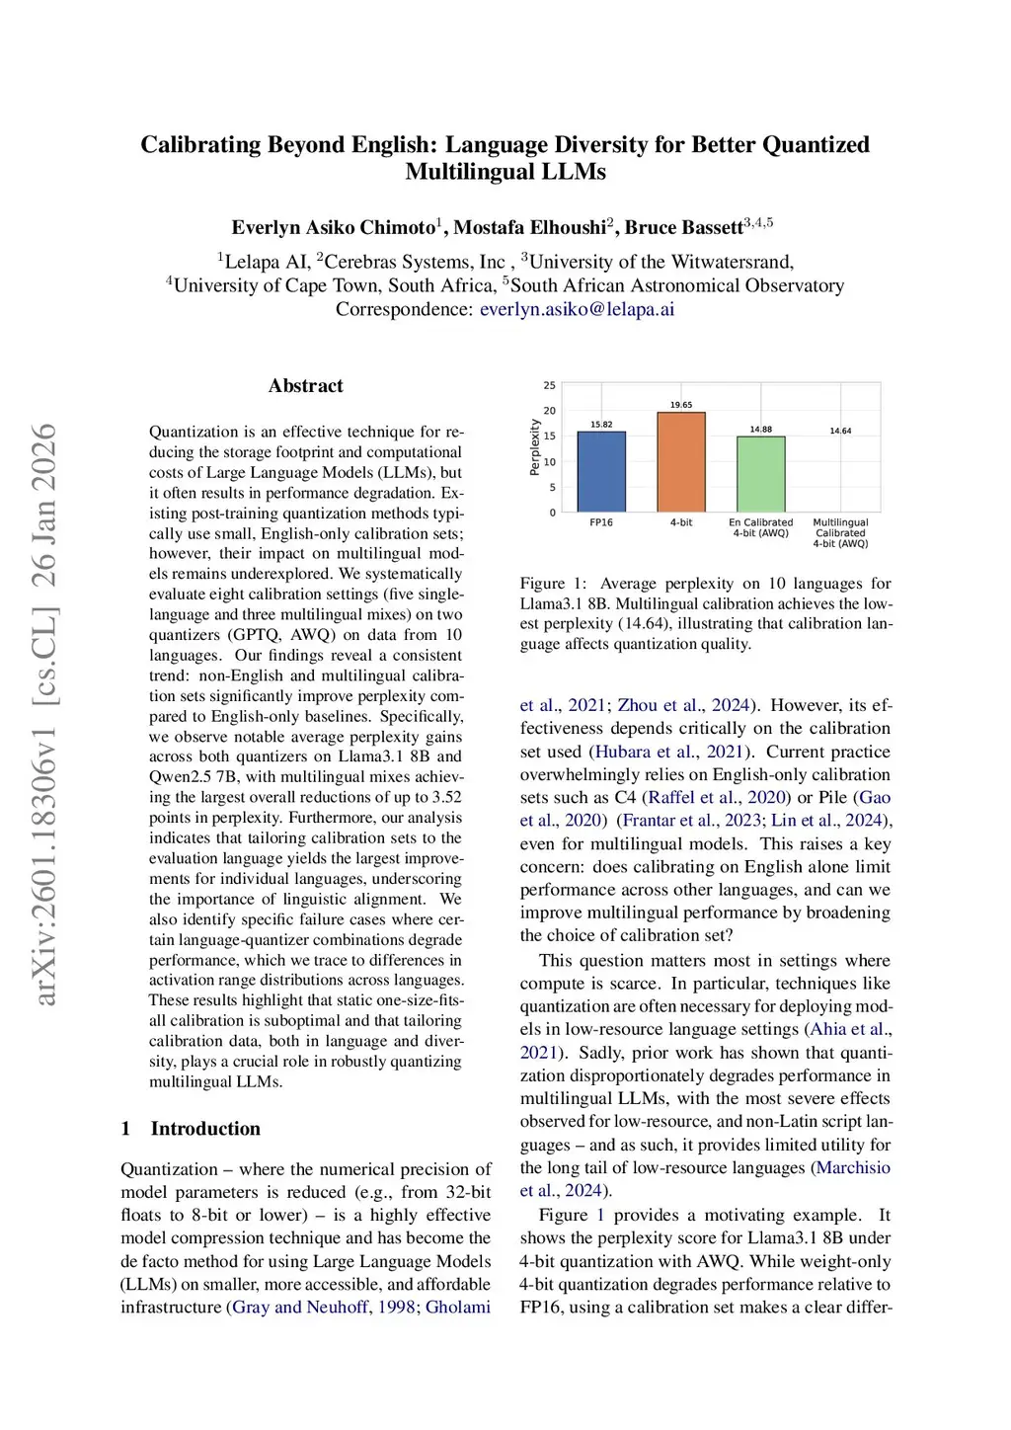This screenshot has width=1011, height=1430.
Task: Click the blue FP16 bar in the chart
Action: (x=600, y=471)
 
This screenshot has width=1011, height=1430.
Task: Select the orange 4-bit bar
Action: (x=681, y=461)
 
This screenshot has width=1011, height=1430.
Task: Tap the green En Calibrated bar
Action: (x=760, y=473)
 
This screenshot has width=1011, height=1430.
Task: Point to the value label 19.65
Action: (x=681, y=405)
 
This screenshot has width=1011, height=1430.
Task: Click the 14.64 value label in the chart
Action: (x=840, y=431)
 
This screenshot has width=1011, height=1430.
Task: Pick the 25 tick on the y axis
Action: (x=550, y=385)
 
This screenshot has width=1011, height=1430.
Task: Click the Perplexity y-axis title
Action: (x=535, y=447)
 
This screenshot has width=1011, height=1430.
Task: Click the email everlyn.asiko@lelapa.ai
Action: (x=577, y=309)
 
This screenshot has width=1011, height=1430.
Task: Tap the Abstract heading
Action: (x=305, y=386)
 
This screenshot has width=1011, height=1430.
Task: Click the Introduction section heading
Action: (x=205, y=1129)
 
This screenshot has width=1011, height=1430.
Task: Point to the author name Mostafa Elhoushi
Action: (x=529, y=227)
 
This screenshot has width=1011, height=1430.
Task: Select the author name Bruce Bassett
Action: (x=683, y=227)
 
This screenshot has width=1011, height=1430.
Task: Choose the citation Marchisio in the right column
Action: (x=852, y=1167)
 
